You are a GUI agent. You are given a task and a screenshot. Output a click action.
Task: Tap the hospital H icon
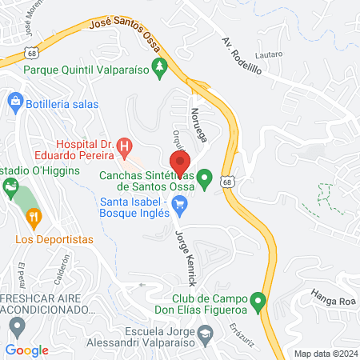tap(124, 146)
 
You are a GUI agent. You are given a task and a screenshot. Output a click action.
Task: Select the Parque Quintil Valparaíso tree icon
tap(159, 68)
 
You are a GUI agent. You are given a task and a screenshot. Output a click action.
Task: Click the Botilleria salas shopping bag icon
tap(15, 102)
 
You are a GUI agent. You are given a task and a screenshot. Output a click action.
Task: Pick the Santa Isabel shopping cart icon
tap(180, 207)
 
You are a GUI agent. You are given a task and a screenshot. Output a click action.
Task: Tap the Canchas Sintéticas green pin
tap(205, 178)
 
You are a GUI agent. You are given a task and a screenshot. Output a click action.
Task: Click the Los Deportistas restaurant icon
tap(33, 216)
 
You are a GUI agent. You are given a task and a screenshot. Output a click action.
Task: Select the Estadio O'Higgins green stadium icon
tap(11, 189)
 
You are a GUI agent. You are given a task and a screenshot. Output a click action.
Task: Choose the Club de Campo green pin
tap(258, 303)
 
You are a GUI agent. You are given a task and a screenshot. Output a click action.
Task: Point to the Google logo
tap(27, 350)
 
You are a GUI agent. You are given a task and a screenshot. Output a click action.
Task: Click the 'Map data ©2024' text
tap(325, 353)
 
